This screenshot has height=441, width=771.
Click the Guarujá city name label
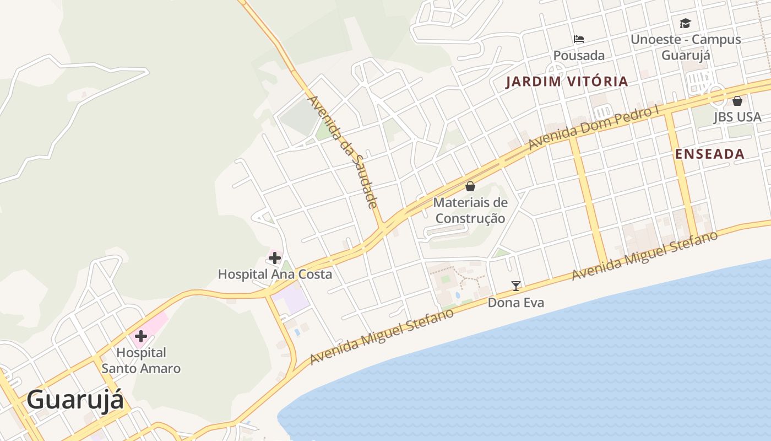click(x=75, y=400)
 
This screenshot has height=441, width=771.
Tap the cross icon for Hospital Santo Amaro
click(x=140, y=336)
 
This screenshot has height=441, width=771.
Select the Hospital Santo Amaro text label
click(x=141, y=361)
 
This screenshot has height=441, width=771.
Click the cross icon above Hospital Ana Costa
click(x=275, y=257)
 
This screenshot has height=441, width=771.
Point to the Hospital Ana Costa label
click(x=275, y=274)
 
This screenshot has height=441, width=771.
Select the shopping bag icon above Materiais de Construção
click(x=470, y=186)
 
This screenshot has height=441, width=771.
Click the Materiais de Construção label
click(x=470, y=211)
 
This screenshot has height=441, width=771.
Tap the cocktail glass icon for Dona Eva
click(x=516, y=286)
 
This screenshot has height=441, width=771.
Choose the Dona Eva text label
click(x=516, y=303)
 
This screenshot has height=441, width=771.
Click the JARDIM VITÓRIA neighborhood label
click(x=567, y=82)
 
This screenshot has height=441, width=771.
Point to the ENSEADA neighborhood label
click(x=710, y=154)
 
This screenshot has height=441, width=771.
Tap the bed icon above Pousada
click(x=579, y=39)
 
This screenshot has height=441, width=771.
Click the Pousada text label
click(x=579, y=56)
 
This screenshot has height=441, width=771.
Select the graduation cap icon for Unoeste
click(x=685, y=23)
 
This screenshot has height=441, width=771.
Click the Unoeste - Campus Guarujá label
click(x=686, y=47)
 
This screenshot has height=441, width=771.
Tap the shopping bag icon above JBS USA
click(x=737, y=101)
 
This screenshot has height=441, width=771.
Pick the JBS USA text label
click(x=737, y=117)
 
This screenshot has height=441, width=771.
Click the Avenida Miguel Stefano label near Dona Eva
click(x=644, y=256)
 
